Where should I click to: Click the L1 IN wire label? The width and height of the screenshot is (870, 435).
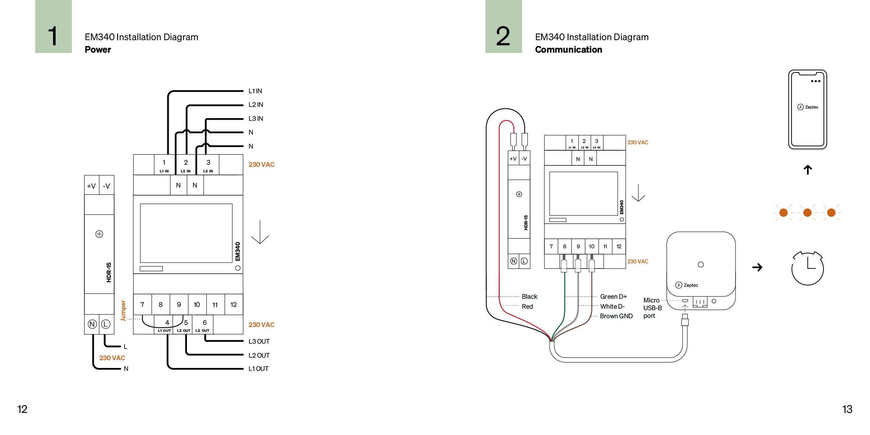255,91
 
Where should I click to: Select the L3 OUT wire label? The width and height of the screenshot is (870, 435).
259,341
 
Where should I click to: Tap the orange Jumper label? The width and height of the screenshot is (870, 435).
123,311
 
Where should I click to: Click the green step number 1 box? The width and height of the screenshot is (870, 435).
53,27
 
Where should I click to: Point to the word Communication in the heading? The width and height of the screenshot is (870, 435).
568,50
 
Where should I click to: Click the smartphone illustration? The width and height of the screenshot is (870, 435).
807,109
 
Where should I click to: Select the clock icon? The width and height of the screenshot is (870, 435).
807,268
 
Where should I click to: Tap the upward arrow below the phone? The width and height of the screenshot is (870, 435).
807,169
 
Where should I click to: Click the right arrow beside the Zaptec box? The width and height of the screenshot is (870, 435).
757,267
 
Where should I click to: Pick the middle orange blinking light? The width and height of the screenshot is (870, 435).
807,213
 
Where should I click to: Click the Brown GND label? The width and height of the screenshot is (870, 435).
616,316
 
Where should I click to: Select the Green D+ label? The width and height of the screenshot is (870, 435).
613,297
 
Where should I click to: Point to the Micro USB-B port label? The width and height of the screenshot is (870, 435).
652,308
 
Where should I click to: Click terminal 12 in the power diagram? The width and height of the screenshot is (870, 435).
234,305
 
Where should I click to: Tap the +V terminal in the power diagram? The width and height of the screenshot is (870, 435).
91,186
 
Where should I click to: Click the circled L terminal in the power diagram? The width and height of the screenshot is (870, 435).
106,324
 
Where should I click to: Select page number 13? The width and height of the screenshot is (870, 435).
847,409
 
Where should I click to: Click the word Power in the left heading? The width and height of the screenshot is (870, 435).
98,50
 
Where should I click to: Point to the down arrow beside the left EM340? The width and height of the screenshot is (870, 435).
260,232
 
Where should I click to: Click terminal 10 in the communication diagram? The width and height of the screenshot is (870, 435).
592,246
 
